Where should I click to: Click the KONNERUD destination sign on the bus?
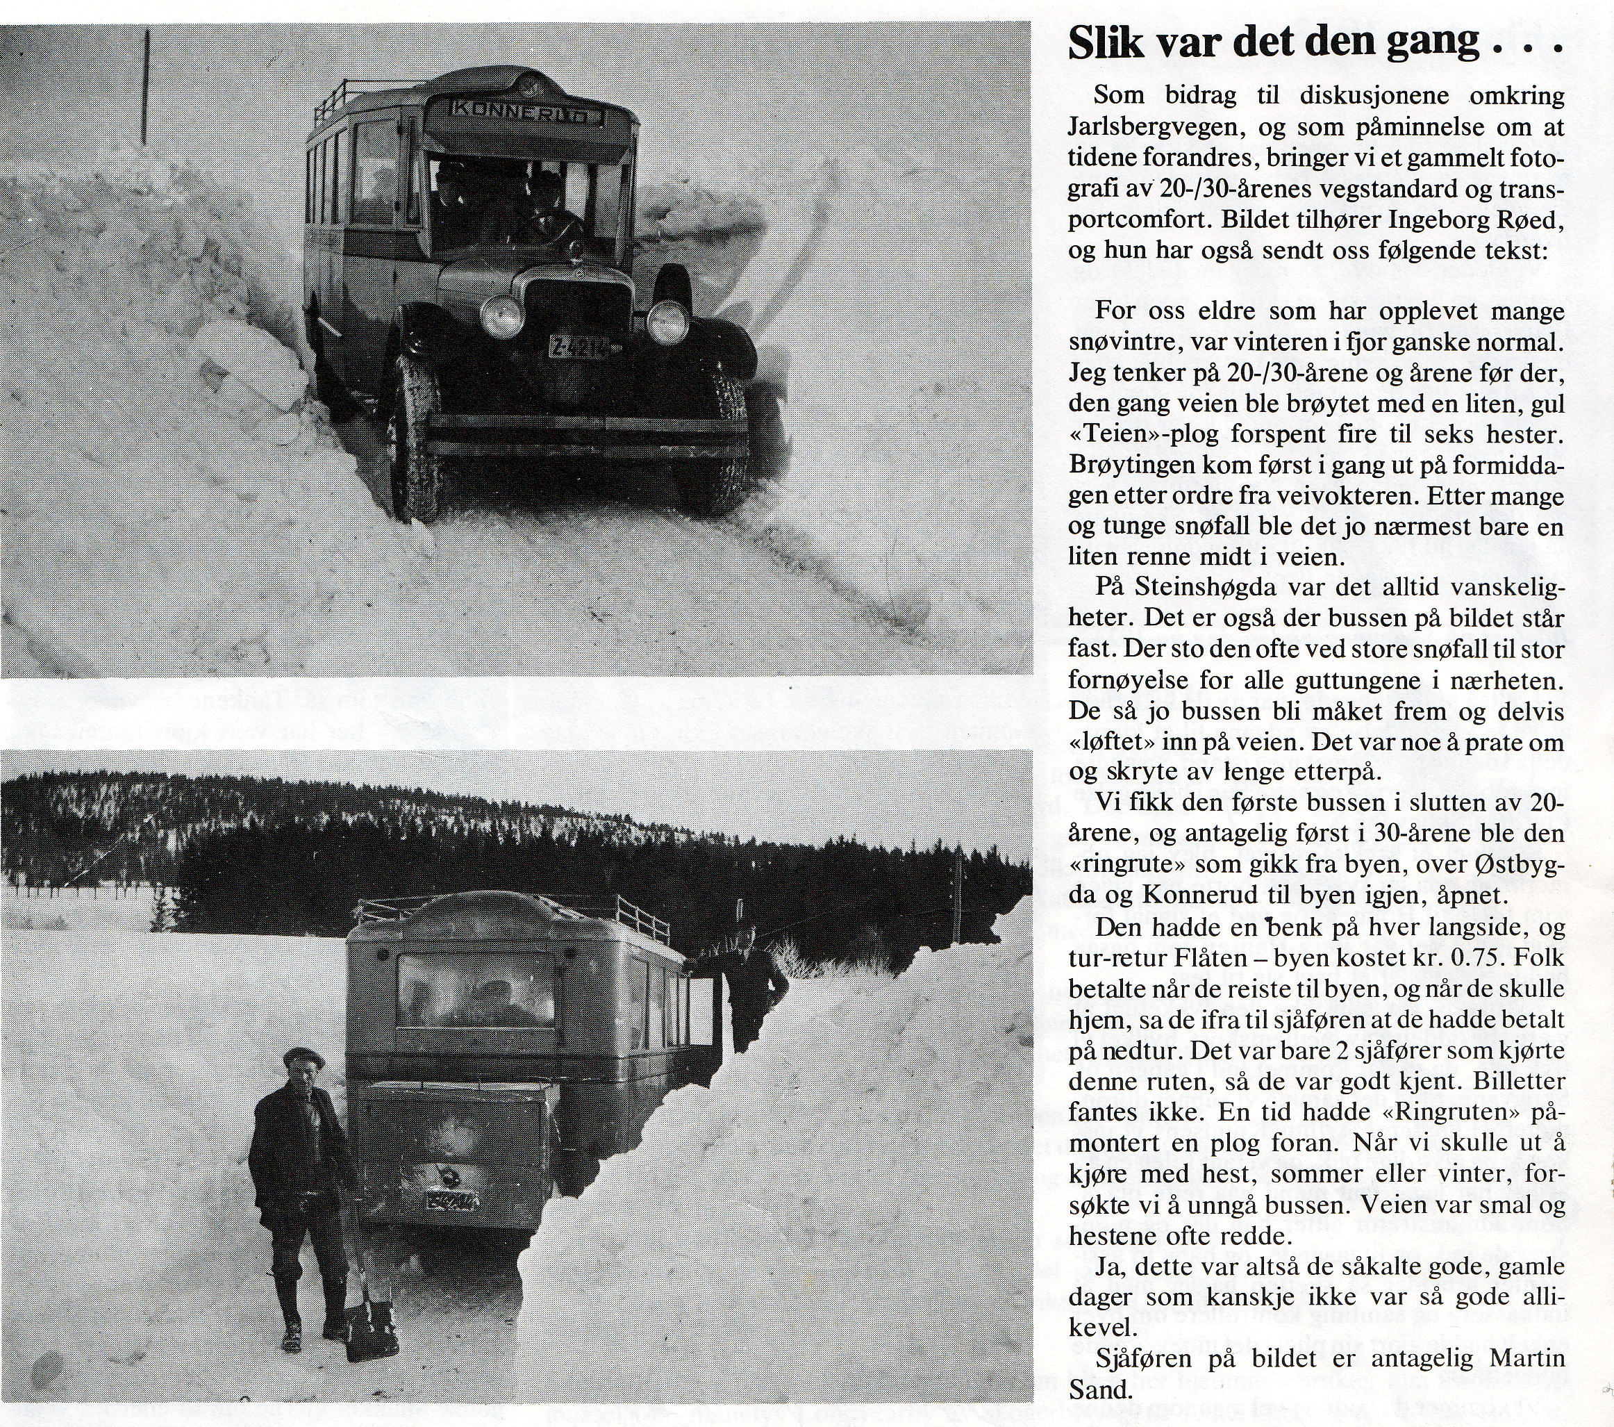click(x=519, y=112)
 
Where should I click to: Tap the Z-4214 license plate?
click(x=580, y=347)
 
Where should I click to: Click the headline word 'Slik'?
click(x=1105, y=44)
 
